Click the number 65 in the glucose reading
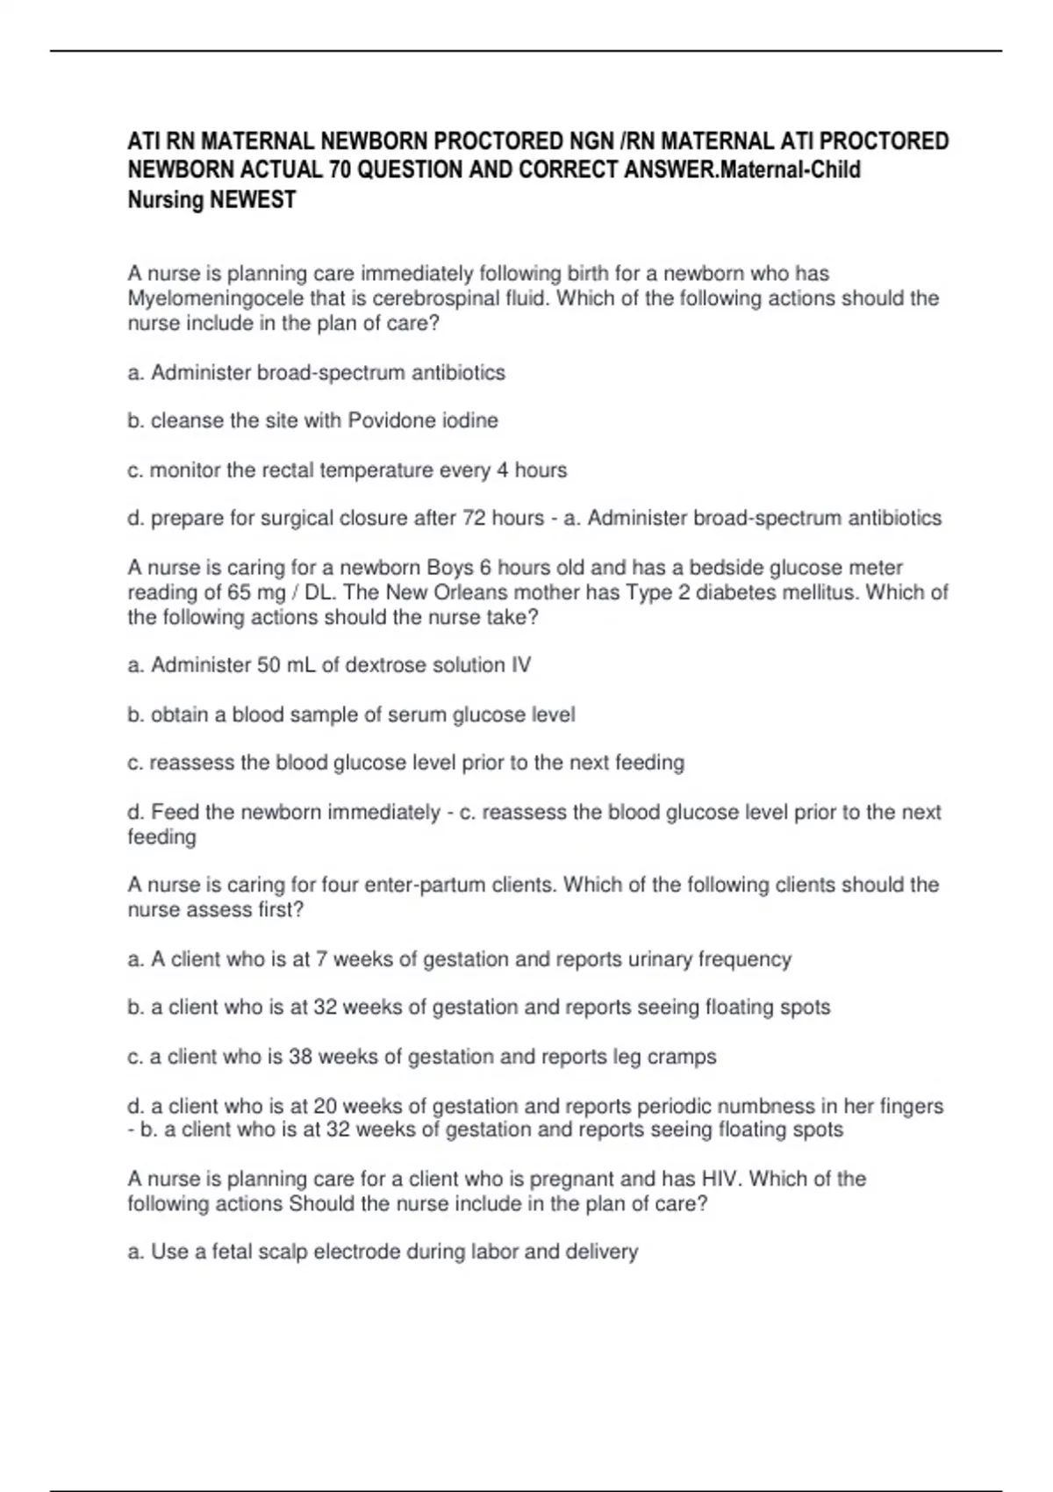click(x=240, y=592)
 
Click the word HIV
click(x=721, y=1179)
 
